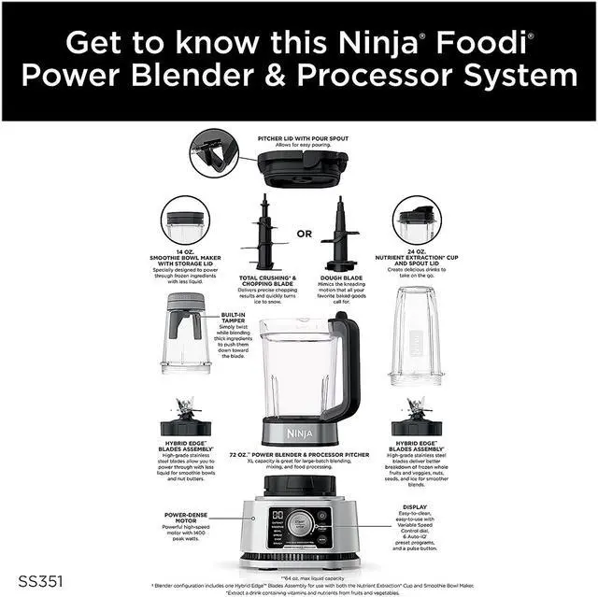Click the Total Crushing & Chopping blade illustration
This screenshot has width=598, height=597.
point(263,239)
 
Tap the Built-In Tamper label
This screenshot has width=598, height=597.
point(234,318)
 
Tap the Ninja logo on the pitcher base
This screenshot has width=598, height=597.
point(300,433)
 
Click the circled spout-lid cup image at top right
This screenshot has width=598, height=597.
point(416,220)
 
